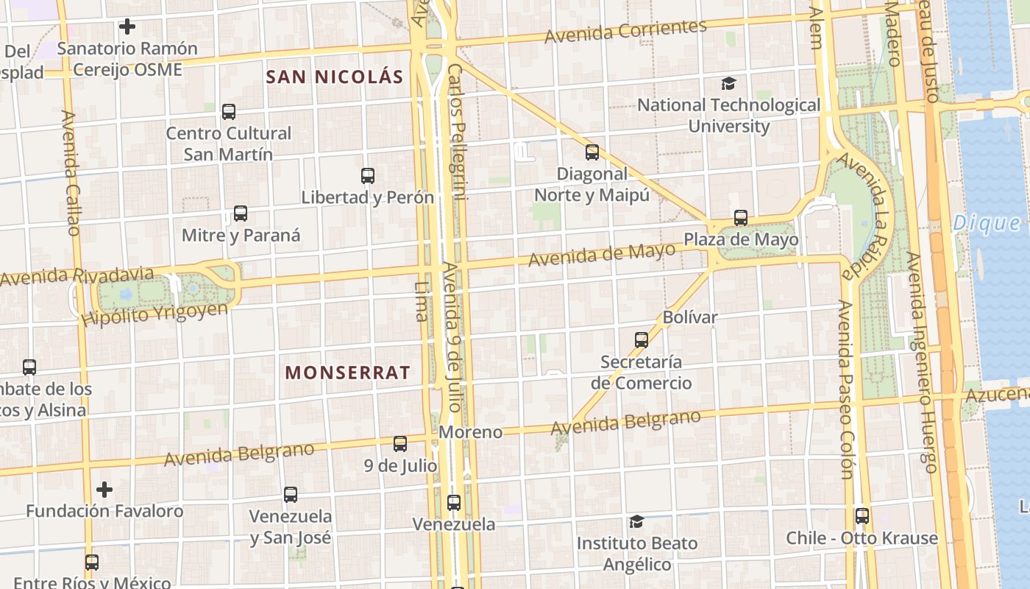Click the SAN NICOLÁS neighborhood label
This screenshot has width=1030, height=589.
(x=335, y=77)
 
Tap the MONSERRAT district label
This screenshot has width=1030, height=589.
(x=347, y=373)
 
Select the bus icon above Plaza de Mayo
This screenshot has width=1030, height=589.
(x=741, y=218)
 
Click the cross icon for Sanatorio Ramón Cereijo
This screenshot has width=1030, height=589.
(x=127, y=27)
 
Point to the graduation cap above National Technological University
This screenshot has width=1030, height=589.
(x=728, y=84)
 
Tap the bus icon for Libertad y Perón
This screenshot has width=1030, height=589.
(x=368, y=176)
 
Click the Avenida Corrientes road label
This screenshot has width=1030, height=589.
(x=625, y=31)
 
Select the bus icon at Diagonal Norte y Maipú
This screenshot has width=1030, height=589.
(x=592, y=152)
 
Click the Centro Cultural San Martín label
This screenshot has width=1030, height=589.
(x=229, y=144)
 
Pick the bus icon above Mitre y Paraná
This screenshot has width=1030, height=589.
(x=241, y=214)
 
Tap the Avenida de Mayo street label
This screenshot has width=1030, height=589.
(x=601, y=255)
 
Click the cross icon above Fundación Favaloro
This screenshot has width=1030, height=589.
(x=104, y=489)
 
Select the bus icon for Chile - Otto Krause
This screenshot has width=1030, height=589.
(x=862, y=516)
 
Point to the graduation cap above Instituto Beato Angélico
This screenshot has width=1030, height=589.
(x=636, y=521)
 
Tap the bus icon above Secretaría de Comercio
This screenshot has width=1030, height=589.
(x=642, y=339)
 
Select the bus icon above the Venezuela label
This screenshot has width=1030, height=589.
(x=454, y=503)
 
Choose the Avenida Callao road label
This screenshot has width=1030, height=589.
(x=70, y=173)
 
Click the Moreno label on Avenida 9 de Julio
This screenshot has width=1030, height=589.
(x=470, y=432)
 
